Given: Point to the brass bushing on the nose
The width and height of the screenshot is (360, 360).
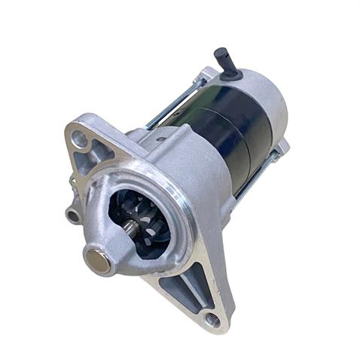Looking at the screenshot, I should pos(96,261).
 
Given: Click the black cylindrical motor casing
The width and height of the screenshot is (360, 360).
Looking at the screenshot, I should pos(211,128).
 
